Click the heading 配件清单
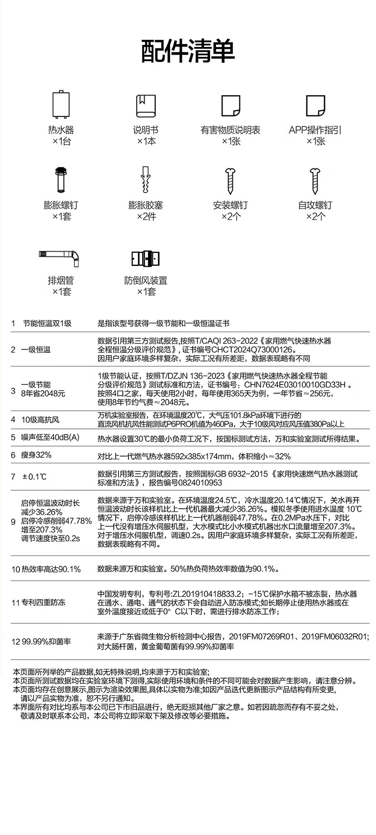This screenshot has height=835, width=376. [x=188, y=51]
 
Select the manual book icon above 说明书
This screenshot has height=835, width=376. [x=146, y=106]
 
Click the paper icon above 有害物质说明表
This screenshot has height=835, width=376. [x=230, y=106]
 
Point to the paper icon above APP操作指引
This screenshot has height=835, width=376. [x=315, y=106]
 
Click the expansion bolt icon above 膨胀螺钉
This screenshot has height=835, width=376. [x=61, y=180]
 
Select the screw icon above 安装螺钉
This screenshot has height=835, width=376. [x=230, y=181]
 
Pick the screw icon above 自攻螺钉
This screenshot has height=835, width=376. [x=315, y=181]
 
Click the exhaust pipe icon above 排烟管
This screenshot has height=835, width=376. [x=61, y=257]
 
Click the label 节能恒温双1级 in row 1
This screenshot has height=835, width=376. [x=47, y=323]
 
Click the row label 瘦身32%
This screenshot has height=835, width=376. [x=36, y=455]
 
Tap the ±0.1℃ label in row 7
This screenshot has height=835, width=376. [x=34, y=476]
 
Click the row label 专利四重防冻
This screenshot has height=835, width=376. [x=43, y=602]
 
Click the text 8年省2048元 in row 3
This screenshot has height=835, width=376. [x=43, y=394]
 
